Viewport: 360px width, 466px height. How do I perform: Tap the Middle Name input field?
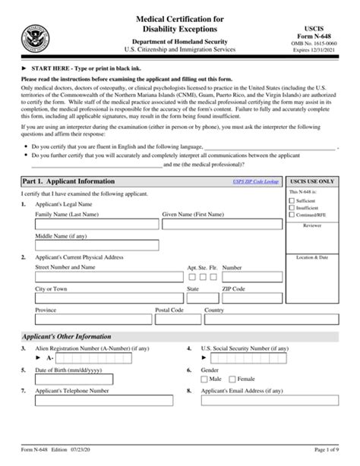[x=97, y=245]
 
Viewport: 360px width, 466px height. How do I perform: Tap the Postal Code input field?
[x=176, y=320]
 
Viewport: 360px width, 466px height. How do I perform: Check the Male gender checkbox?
[x=204, y=378]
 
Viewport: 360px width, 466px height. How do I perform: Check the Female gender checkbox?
[x=233, y=378]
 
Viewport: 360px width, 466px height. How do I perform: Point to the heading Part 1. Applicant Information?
[x=69, y=182]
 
